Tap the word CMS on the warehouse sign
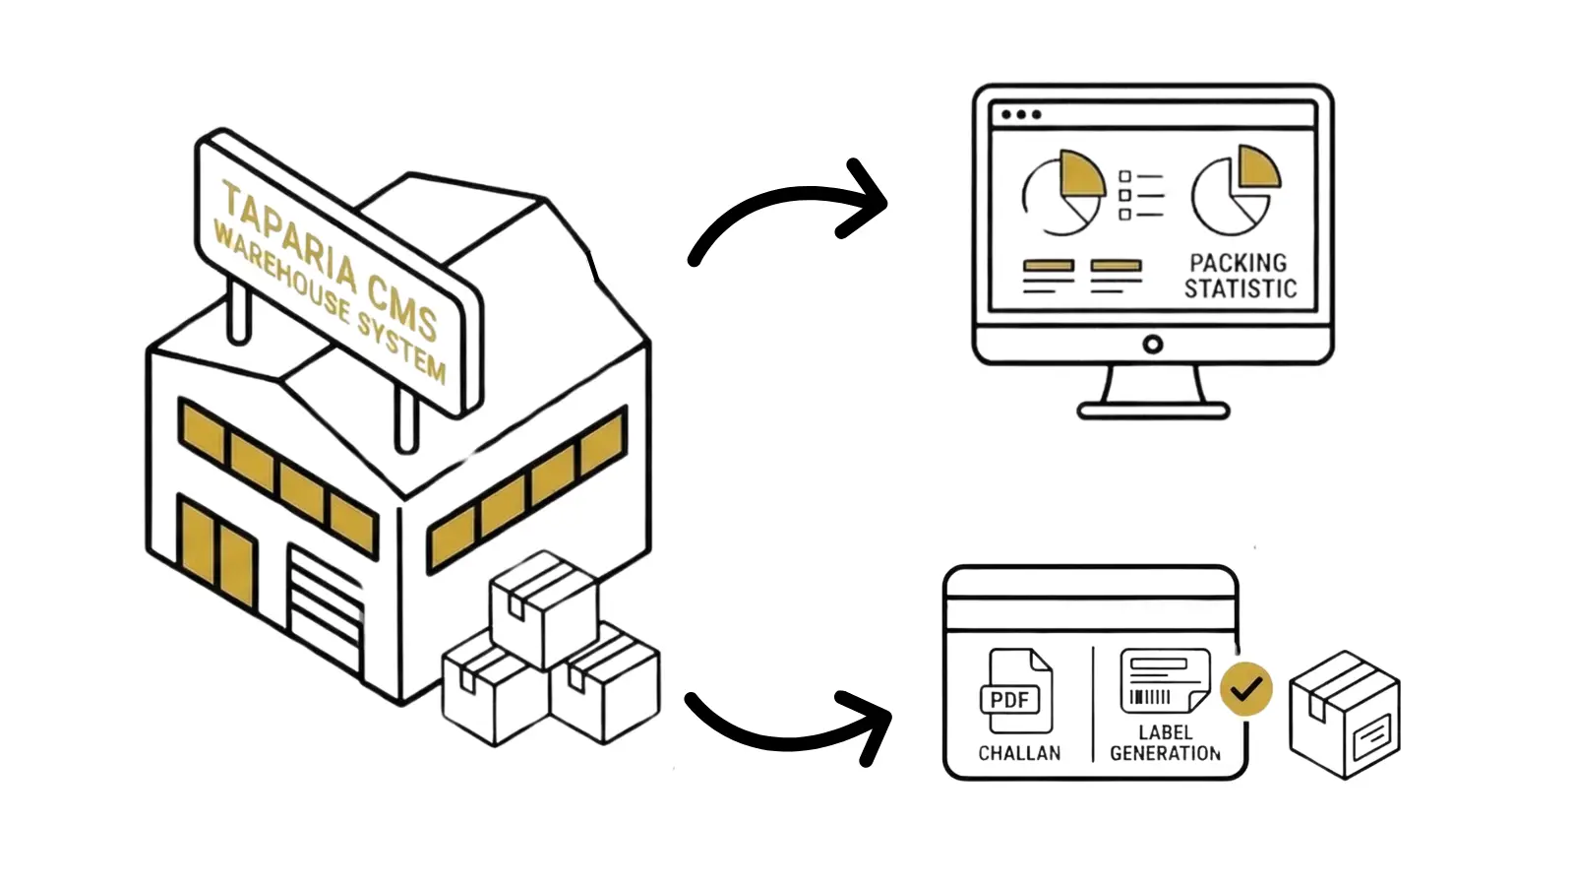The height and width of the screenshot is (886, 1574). coord(401,304)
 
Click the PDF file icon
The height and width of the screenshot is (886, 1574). coord(1014,691)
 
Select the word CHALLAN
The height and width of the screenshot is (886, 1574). coord(1019,753)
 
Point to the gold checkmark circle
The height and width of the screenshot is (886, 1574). coord(1245,689)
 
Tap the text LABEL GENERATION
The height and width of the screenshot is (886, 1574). coord(1165,743)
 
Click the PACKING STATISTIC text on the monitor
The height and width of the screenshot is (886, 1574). coord(1240,276)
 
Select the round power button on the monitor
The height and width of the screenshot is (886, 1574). coord(1153,345)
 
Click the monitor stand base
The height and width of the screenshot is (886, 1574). coord(1153,410)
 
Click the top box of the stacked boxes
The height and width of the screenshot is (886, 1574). coord(543,605)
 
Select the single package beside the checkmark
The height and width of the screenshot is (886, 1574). coord(1344,715)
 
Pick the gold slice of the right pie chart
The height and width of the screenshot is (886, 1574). coord(1257,168)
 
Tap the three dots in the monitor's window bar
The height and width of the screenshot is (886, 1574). coord(1020,114)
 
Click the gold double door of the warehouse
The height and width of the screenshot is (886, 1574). coord(217,550)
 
